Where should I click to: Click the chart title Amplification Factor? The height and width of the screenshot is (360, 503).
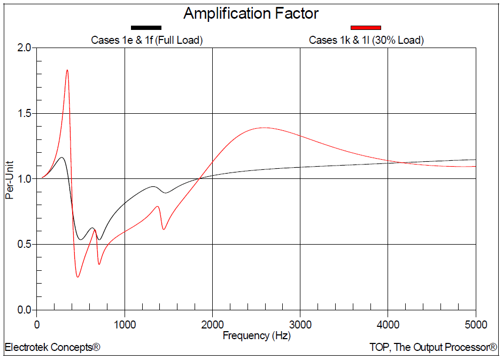[x=251, y=13]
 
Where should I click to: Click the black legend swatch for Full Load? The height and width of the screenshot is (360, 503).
[x=146, y=27]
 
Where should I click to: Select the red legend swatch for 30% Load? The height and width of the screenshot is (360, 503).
[x=366, y=27]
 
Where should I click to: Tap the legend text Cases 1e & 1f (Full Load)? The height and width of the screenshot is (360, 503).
[x=147, y=40]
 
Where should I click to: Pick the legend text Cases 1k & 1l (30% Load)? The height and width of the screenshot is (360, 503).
[x=366, y=40]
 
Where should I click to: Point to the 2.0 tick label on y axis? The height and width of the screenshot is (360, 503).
[x=24, y=48]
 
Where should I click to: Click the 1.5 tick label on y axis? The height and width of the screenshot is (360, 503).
[x=24, y=114]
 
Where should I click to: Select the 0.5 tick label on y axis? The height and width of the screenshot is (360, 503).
[x=24, y=245]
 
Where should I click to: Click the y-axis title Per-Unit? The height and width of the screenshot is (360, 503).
[x=9, y=178]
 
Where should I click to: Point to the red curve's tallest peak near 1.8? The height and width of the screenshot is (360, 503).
[x=67, y=70]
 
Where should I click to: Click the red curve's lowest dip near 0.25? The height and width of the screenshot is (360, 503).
[x=78, y=277]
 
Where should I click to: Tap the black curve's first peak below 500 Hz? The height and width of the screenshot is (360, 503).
[x=62, y=158]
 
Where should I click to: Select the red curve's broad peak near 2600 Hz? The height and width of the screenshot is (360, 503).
[x=264, y=128]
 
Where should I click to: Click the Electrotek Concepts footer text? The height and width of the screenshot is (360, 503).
[x=52, y=348]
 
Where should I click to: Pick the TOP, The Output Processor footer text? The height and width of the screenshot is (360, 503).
[x=433, y=348]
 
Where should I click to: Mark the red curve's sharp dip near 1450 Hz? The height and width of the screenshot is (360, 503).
[x=164, y=229]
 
